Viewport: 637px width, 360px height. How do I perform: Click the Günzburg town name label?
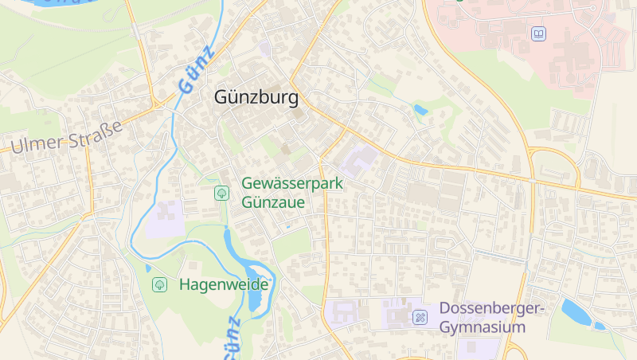pyautogui.click(x=256, y=98)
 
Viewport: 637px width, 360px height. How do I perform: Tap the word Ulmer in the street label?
pyautogui.click(x=35, y=143)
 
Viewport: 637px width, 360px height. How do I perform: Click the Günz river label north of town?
pyautogui.click(x=197, y=70)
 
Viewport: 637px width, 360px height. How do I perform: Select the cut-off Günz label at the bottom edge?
pyautogui.click(x=231, y=338)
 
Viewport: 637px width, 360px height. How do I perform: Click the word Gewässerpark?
pyautogui.click(x=292, y=184)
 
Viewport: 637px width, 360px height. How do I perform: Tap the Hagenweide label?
pyautogui.click(x=225, y=284)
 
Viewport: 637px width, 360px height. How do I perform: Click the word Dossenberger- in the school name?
pyautogui.click(x=490, y=309)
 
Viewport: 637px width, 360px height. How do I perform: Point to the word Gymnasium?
pyautogui.click(x=483, y=327)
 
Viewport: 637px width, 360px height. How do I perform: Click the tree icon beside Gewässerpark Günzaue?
pyautogui.click(x=221, y=193)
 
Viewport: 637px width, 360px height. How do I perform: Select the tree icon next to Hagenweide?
pyautogui.click(x=159, y=284)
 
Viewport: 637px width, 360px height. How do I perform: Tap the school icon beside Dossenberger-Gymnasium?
pyautogui.click(x=420, y=318)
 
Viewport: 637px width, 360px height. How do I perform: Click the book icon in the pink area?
pyautogui.click(x=539, y=33)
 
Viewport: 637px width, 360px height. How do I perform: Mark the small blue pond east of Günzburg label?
pyautogui.click(x=420, y=110)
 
